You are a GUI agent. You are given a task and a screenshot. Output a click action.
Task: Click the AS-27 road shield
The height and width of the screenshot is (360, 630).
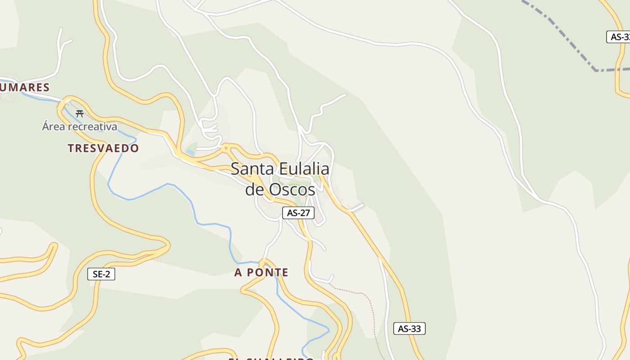(x=298, y=213)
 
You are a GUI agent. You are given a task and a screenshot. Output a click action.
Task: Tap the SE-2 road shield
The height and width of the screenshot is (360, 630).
(x=101, y=274)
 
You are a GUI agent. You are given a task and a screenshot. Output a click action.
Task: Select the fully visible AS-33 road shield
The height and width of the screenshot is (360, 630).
(x=409, y=328)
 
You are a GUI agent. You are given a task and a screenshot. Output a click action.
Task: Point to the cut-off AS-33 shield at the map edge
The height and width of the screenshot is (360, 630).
(x=619, y=37)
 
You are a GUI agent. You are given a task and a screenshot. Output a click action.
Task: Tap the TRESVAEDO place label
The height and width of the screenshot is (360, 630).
(x=103, y=148)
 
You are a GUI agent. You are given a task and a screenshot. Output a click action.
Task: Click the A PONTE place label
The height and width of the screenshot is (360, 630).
(x=261, y=272)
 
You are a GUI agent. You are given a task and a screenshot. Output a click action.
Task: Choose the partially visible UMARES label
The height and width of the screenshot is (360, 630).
(x=25, y=87)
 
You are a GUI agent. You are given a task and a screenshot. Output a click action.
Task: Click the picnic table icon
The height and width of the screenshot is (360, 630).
(x=80, y=113)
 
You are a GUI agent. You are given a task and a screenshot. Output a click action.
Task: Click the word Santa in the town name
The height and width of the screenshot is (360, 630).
(x=252, y=169)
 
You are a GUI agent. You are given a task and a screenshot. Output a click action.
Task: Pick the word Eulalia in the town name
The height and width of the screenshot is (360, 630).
(x=304, y=169)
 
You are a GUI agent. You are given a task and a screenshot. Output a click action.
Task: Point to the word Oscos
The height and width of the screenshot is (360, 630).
(x=292, y=190)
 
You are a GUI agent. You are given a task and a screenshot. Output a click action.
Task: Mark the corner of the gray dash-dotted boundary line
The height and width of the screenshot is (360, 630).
(x=596, y=70)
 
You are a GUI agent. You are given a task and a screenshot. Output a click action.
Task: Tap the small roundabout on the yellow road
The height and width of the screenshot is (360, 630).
(x=226, y=147)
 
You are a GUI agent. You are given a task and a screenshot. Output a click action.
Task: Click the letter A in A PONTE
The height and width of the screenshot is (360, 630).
(x=238, y=272)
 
